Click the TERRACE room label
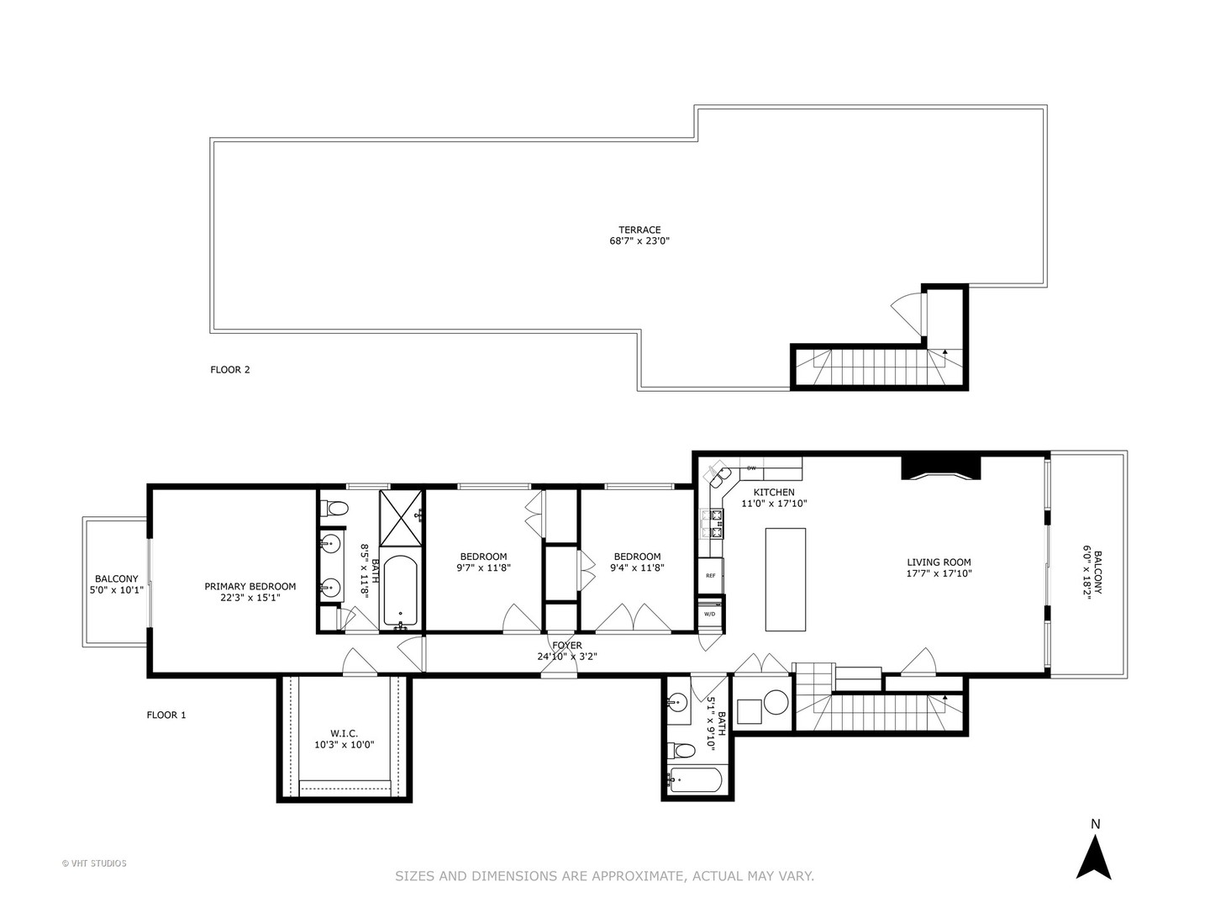[x=639, y=230]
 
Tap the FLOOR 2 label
[x=230, y=369]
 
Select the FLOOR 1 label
[x=166, y=715]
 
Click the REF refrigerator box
[x=710, y=576]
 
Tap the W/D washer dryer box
[x=709, y=613]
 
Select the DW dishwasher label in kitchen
[x=751, y=468]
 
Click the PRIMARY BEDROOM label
[x=250, y=586]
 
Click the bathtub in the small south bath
[x=695, y=781]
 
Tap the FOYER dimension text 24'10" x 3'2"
[x=567, y=657]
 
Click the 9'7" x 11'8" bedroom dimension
[x=484, y=567]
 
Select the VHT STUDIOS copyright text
[x=94, y=863]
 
